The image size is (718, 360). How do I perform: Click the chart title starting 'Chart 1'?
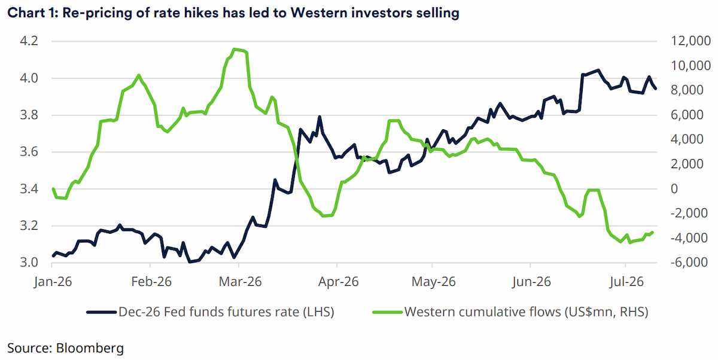tap(233, 13)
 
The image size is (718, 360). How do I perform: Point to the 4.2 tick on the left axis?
tap(29, 41)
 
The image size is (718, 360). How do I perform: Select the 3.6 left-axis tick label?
tap(29, 152)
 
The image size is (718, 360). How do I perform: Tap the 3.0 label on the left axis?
tap(29, 263)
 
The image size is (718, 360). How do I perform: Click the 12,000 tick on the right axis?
tap(690, 41)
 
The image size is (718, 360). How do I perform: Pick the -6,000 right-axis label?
tap(689, 263)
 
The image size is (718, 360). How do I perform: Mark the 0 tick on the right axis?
tap(674, 188)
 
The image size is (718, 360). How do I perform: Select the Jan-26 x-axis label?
tap(53, 282)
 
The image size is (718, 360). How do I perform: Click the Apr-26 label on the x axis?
tap(338, 282)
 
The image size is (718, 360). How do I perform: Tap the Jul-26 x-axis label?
tap(626, 282)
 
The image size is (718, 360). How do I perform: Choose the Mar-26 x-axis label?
tap(240, 282)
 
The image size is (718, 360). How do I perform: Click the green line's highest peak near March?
tap(235, 49)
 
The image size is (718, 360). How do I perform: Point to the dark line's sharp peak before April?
tap(320, 117)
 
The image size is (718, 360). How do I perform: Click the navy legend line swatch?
tap(101, 312)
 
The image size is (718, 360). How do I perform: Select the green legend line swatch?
tap(387, 312)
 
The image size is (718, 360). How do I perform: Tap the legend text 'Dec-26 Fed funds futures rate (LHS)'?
tap(226, 312)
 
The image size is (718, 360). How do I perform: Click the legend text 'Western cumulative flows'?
tap(482, 312)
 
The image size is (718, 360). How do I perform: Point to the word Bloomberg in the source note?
tap(90, 348)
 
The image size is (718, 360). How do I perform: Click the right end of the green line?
tap(653, 232)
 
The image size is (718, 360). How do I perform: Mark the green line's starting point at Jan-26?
tap(53, 188)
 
